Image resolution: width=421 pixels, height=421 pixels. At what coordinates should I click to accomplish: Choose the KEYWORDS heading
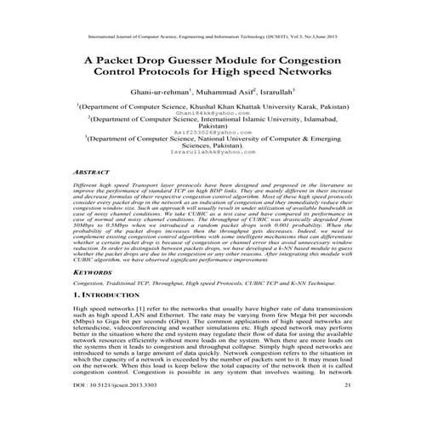(x=95, y=272)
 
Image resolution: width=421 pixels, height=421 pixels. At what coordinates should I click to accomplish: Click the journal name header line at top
(x=209, y=37)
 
